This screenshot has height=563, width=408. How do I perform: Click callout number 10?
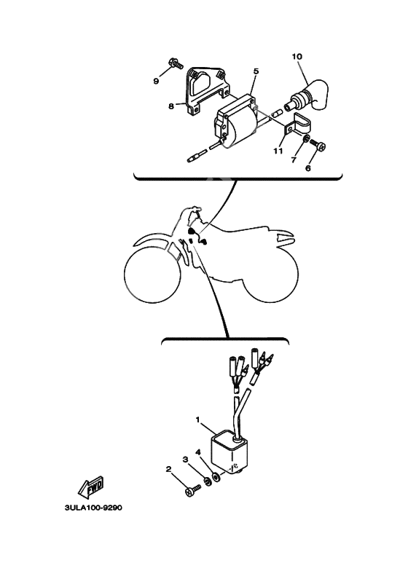[297, 56]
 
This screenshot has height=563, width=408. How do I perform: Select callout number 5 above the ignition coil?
[256, 71]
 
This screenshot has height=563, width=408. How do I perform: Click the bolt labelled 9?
[176, 63]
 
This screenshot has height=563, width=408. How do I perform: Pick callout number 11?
[278, 151]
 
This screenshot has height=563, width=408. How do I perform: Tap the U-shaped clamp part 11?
[299, 125]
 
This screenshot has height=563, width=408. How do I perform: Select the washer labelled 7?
[305, 139]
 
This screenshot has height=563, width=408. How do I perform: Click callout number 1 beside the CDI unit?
[197, 420]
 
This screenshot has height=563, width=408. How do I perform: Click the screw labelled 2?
[194, 490]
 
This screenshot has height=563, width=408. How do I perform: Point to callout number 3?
[186, 460]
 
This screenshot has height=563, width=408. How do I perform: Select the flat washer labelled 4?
[216, 477]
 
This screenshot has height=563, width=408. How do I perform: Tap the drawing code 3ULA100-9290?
[93, 508]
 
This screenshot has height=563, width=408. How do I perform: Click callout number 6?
[307, 168]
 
